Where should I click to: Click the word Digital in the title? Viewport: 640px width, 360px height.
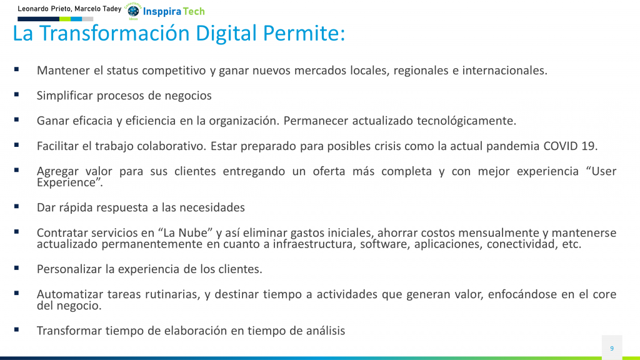(x=226, y=34)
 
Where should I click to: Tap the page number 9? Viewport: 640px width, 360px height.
(x=612, y=348)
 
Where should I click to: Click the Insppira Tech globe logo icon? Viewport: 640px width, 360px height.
(x=133, y=11)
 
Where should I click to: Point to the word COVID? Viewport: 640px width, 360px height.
(x=561, y=146)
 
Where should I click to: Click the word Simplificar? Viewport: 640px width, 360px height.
(x=64, y=96)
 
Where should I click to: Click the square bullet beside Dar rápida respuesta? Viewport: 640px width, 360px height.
(x=16, y=206)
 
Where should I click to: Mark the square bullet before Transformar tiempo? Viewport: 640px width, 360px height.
(x=16, y=329)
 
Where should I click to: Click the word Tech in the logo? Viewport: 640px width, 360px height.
(x=194, y=11)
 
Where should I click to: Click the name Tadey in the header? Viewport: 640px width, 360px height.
(x=112, y=9)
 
